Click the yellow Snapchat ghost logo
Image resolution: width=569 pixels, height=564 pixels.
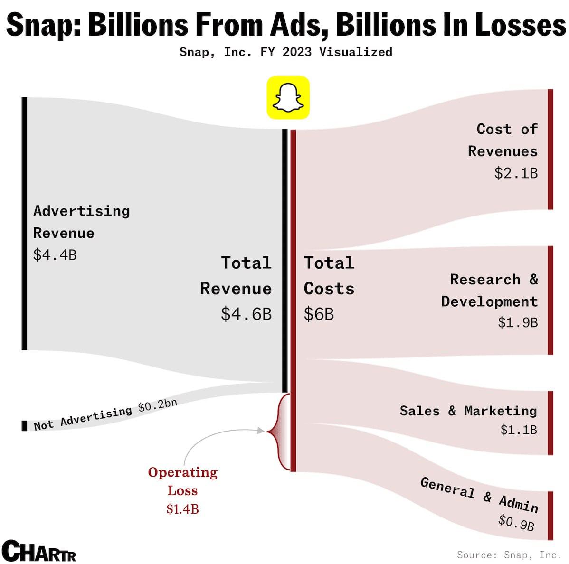point(288,97)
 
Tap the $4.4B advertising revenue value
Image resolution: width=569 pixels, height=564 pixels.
point(55,255)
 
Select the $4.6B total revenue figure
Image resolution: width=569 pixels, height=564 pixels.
point(246,314)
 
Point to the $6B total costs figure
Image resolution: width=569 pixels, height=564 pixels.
point(319,314)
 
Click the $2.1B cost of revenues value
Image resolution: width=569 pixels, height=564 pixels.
point(516,173)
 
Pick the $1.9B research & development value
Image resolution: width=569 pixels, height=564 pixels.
point(518,323)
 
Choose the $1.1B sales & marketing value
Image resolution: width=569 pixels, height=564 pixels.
point(519,430)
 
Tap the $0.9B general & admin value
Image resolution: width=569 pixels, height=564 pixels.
point(516,523)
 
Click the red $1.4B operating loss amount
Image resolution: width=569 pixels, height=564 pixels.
point(182,509)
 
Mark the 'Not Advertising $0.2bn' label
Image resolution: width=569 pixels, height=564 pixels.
point(105,414)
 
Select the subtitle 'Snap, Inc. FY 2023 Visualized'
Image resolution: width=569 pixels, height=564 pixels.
point(285,52)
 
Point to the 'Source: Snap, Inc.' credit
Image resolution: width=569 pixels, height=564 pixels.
point(509,555)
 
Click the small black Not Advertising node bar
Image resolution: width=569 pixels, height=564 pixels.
point(24,425)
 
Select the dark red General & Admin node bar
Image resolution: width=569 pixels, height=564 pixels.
point(550,516)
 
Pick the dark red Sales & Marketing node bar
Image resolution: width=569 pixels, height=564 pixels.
point(550,423)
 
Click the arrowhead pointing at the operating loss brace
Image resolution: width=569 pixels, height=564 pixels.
point(260,431)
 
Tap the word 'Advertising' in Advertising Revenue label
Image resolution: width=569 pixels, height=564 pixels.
point(81,211)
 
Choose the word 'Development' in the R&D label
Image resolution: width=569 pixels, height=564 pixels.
point(489,301)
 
